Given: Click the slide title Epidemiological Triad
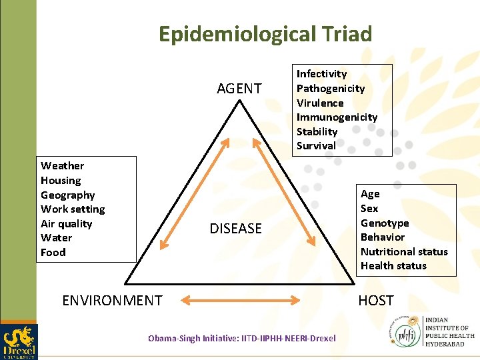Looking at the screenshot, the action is (x=265, y=34).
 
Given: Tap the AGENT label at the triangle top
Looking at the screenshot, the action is (x=239, y=89).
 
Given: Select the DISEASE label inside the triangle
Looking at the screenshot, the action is (x=236, y=229).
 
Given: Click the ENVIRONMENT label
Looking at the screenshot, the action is (x=112, y=301).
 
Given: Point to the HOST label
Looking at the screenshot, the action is (x=376, y=301).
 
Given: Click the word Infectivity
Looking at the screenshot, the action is (x=321, y=74).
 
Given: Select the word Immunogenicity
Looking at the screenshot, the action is (x=337, y=117).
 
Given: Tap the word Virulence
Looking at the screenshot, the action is (x=320, y=103).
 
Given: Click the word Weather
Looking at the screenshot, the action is (x=63, y=166).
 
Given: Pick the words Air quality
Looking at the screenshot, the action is (x=67, y=224).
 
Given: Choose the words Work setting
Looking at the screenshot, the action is (x=73, y=209).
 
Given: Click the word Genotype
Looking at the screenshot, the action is (x=385, y=223).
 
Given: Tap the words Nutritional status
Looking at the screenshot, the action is (x=404, y=252).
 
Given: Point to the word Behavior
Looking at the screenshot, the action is (x=383, y=237).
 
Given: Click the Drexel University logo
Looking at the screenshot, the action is (x=19, y=341).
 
